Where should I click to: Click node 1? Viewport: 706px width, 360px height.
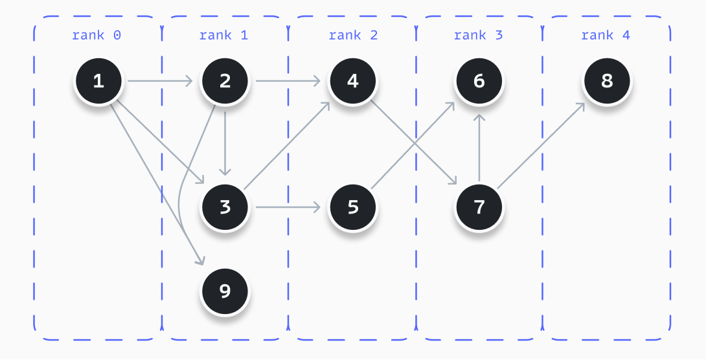(x=98, y=81)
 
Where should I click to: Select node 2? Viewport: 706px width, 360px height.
(x=225, y=81)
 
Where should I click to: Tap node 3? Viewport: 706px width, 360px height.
(x=225, y=207)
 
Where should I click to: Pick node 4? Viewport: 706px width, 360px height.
(x=352, y=81)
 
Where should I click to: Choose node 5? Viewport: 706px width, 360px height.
(x=352, y=207)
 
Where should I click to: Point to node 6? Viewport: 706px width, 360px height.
(x=479, y=81)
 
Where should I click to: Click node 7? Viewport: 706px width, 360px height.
(x=479, y=207)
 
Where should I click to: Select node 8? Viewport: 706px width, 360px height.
(x=606, y=81)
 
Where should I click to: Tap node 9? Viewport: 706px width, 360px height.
(x=225, y=291)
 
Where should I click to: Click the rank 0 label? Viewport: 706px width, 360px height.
(x=97, y=35)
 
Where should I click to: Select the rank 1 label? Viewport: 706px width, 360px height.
(x=223, y=35)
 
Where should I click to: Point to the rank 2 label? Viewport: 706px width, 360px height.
(x=353, y=35)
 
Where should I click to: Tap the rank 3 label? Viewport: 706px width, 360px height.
(x=479, y=35)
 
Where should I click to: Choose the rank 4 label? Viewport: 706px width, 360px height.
(x=606, y=35)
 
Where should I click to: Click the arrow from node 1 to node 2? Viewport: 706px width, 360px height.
(x=161, y=81)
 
